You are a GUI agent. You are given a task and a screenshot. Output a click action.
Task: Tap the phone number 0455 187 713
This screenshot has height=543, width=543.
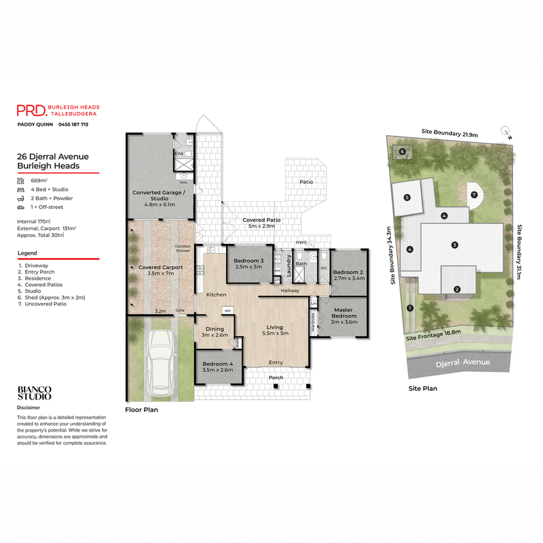point(73,125)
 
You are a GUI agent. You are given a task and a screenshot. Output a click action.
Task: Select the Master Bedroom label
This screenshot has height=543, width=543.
point(343,316)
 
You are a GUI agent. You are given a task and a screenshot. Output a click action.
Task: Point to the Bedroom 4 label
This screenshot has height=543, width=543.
point(217,367)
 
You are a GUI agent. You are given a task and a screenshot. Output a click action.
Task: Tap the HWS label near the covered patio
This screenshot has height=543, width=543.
point(301,242)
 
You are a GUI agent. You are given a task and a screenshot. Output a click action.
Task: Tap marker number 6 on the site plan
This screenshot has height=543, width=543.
point(402,151)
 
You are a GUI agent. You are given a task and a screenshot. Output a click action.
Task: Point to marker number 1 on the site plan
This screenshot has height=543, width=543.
point(409,307)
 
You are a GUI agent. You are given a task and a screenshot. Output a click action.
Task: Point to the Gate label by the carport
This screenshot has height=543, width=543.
point(181,310)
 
